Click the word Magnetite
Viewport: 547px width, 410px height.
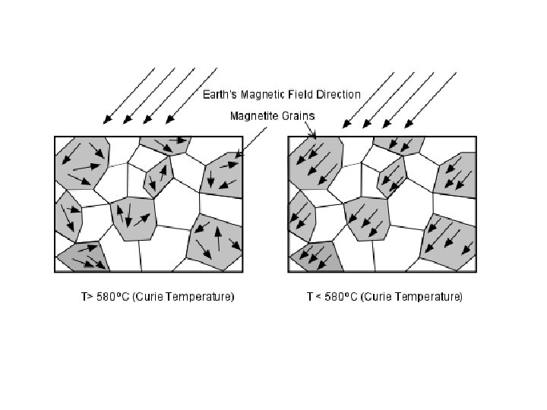254,116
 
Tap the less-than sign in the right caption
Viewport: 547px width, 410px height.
311,296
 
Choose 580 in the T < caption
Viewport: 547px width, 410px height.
327,296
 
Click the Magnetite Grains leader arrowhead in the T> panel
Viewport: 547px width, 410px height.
238,156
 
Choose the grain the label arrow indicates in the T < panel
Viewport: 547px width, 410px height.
315,159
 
